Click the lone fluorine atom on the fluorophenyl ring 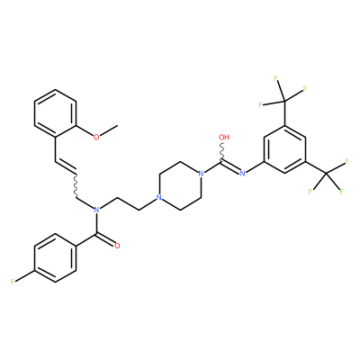(x=13, y=282)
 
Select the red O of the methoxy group (x=96, y=138)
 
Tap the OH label (x=224, y=138)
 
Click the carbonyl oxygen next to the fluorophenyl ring (x=117, y=246)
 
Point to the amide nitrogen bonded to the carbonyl (x=96, y=210)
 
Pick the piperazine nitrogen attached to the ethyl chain (x=159, y=198)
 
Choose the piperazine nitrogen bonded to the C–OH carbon (x=201, y=174)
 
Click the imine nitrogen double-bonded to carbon (x=242, y=174)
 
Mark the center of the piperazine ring (x=180, y=186)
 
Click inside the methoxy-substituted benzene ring (x=55, y=113)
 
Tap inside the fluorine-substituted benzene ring (x=55, y=258)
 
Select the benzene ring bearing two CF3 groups (x=284, y=149)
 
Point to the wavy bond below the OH (x=223, y=151)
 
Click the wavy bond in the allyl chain (x=76, y=185)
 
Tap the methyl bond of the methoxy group (x=108, y=130)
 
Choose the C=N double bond (x=230, y=167)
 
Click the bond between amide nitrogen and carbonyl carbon (x=96, y=223)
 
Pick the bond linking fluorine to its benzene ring (x=25, y=275)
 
